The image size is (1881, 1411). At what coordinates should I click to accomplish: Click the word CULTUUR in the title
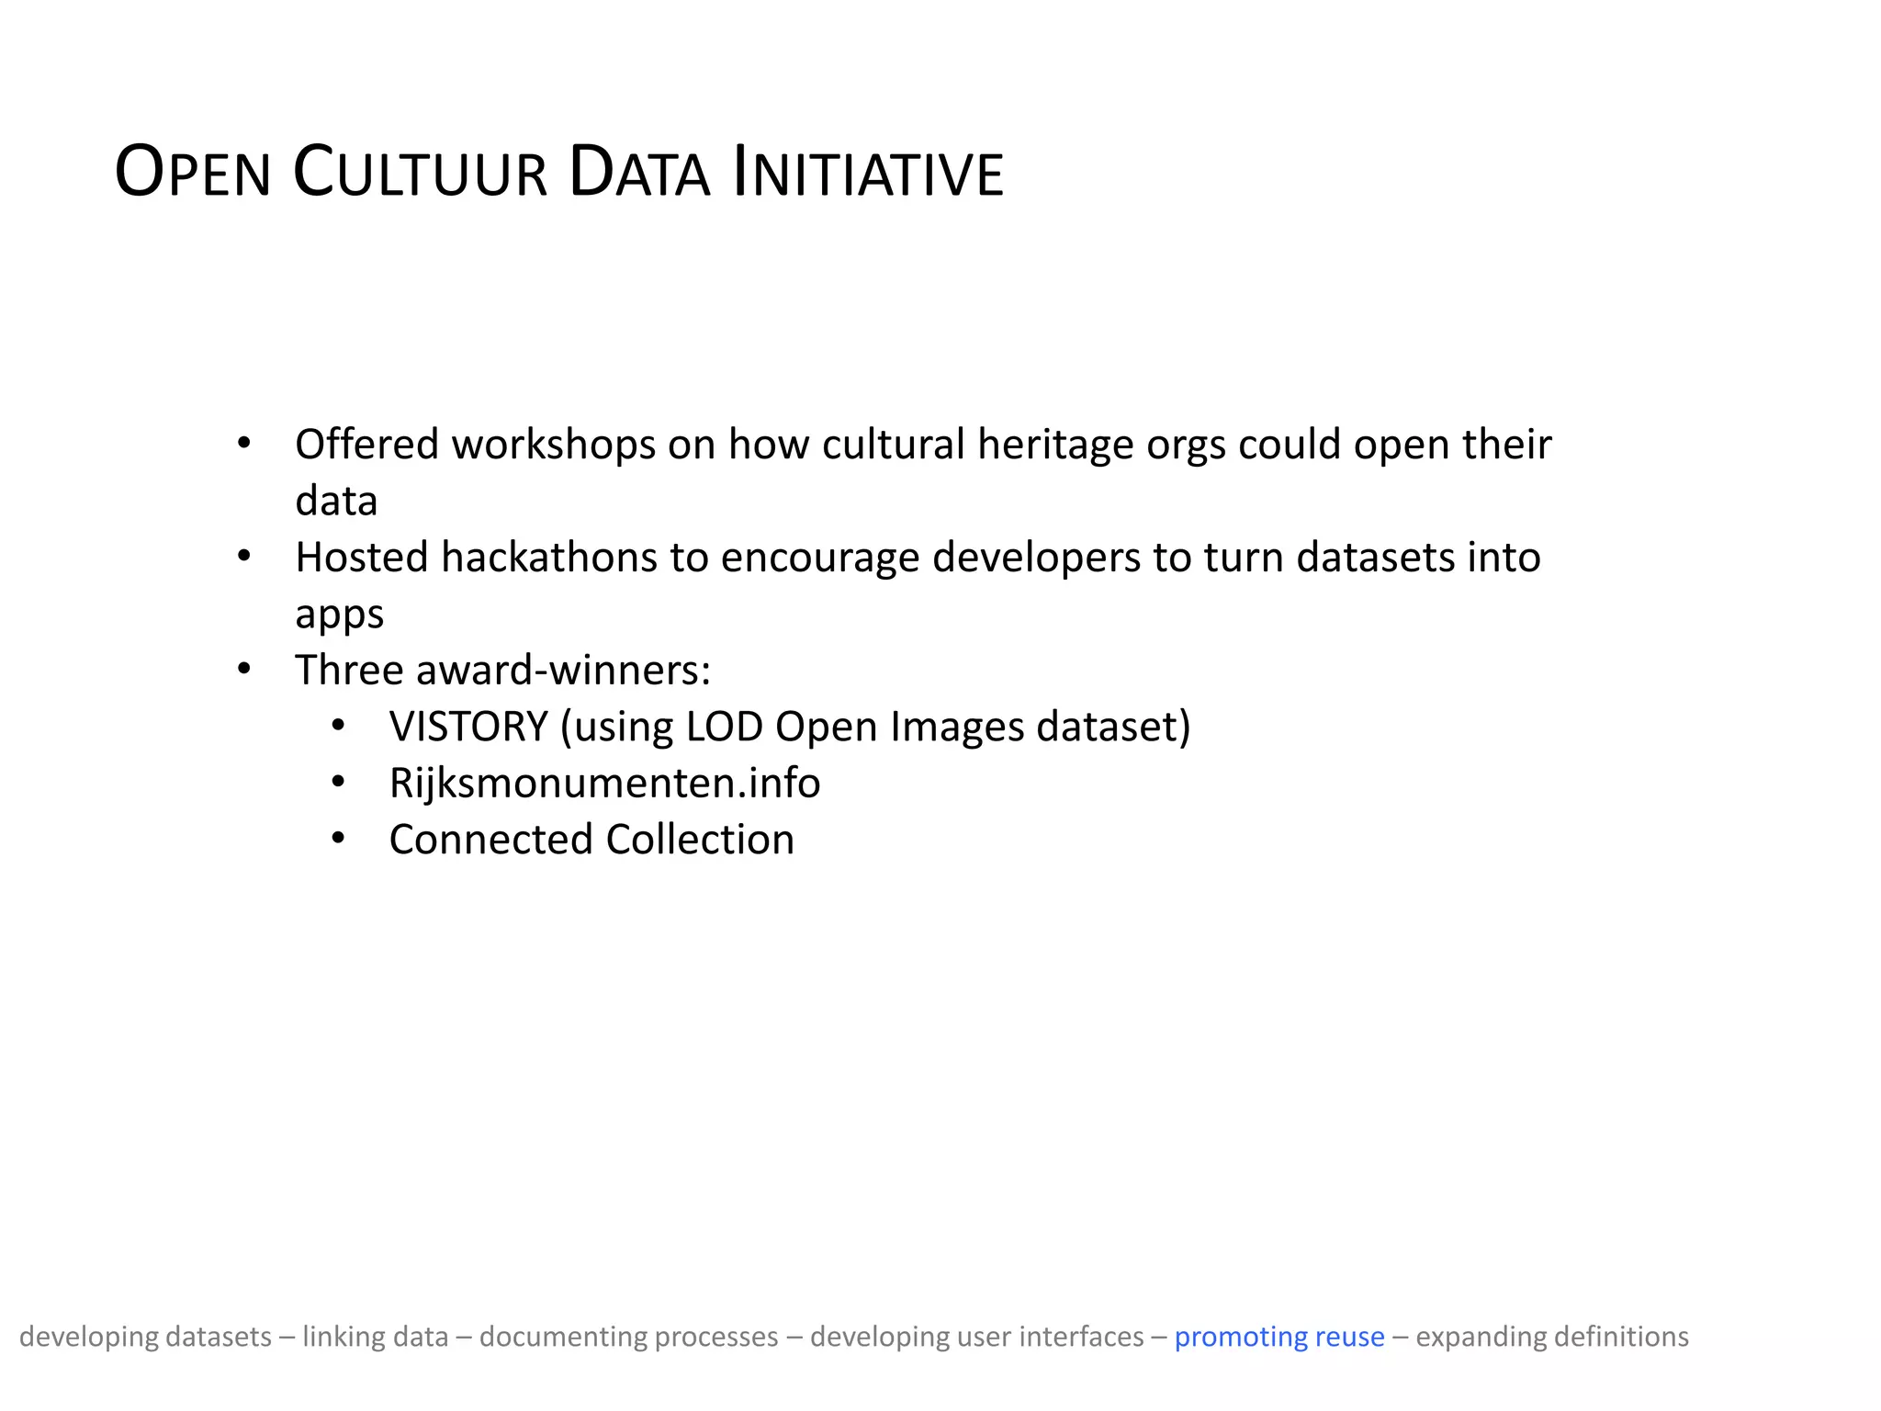(420, 173)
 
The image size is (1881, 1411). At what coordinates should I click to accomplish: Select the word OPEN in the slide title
(193, 173)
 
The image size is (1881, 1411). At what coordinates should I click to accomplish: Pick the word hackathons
(548, 558)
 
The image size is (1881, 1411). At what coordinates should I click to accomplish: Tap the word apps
(339, 615)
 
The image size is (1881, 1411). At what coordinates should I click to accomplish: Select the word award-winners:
(563, 671)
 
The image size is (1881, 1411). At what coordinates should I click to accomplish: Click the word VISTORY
(468, 727)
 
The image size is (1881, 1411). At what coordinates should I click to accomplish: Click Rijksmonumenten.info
(604, 784)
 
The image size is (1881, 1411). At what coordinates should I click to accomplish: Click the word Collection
(700, 840)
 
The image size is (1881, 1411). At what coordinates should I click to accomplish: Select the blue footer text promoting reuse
(1278, 1337)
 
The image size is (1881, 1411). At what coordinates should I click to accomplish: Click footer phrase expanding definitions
(1551, 1337)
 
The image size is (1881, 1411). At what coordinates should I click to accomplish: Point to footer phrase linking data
(375, 1337)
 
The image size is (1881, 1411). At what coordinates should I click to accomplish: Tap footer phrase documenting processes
(628, 1337)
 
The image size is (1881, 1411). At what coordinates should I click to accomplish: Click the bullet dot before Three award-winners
(243, 670)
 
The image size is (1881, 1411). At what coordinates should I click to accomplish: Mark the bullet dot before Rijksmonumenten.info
(338, 783)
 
